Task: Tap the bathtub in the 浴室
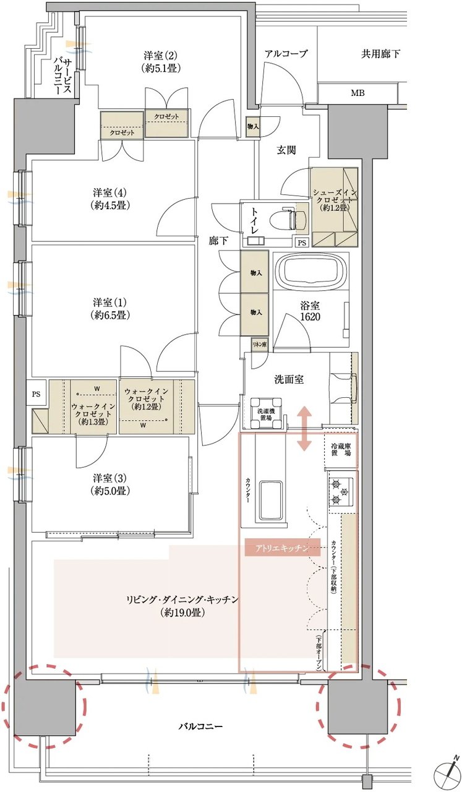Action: tap(312, 270)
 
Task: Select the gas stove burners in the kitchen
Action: tap(341, 491)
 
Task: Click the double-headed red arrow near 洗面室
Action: tap(304, 429)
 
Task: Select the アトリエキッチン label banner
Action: tap(282, 548)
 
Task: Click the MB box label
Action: tap(357, 93)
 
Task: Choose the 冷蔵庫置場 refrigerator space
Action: tap(340, 449)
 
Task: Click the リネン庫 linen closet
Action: tap(260, 345)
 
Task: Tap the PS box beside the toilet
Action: tap(302, 243)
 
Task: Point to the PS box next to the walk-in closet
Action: tap(36, 394)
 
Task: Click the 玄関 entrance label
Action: tap(286, 150)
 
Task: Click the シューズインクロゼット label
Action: tap(335, 200)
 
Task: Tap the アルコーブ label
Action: tap(286, 54)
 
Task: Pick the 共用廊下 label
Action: tap(381, 54)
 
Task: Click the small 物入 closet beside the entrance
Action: tap(253, 126)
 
